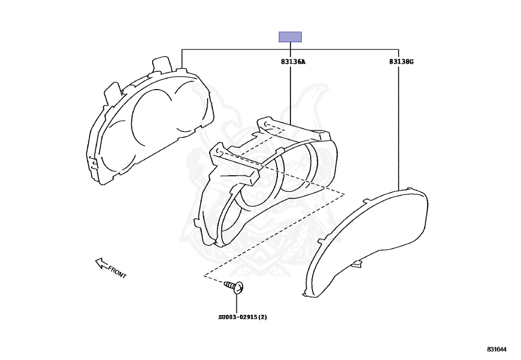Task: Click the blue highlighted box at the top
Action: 290,37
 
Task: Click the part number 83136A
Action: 293,62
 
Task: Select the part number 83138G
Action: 401,62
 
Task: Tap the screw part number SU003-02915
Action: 238,317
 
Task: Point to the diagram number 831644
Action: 497,349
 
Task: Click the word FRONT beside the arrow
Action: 118,272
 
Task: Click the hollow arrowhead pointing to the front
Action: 101,263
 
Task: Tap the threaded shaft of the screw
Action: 229,285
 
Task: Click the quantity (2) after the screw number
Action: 263,317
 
